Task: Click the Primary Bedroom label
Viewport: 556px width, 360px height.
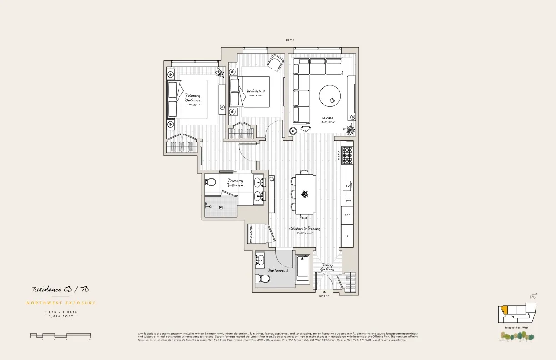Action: tap(193, 98)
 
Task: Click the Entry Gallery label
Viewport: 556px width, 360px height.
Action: tap(328, 267)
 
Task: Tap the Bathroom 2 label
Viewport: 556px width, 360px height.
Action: tap(278, 270)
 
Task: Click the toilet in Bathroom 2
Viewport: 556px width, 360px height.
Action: tap(263, 278)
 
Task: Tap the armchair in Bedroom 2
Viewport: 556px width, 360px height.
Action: tap(275, 63)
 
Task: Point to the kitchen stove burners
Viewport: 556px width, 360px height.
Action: tap(347, 156)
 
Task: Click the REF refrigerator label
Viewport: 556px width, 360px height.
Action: tap(347, 215)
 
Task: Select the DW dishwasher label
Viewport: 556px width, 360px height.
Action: tap(348, 200)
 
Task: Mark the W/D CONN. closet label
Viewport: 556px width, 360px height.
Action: tap(251, 234)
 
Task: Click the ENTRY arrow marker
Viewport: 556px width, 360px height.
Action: tap(324, 292)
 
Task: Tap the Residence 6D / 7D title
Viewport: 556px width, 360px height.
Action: tap(63, 290)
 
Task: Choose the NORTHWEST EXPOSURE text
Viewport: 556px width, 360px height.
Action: tap(61, 303)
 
